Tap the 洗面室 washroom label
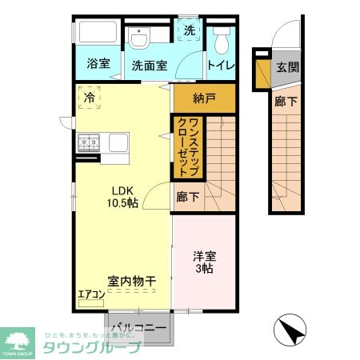coord(150,66)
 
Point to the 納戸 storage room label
coord(205,99)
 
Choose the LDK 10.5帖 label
coord(124,197)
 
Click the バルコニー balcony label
coord(138,328)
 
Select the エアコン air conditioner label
coord(90,294)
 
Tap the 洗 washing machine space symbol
coord(190,30)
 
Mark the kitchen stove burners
coord(88,142)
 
